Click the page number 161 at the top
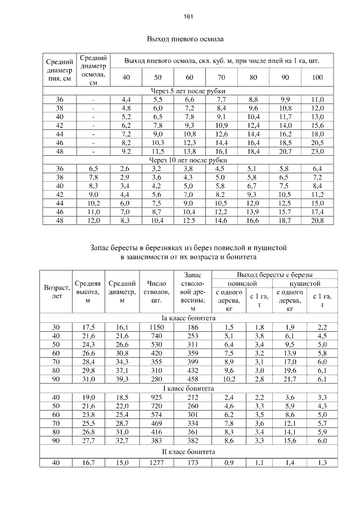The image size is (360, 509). coord(188,16)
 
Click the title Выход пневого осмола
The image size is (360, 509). coord(185,40)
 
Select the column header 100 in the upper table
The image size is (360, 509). coord(317,78)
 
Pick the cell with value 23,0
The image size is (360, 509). coord(317,151)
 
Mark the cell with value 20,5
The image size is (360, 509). coord(317,143)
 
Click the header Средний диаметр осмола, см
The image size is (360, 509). coord(93,70)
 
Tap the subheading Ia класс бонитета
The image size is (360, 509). coord(188,318)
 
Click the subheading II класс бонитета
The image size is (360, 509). coord(188,452)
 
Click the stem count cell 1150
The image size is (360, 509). coord(153,327)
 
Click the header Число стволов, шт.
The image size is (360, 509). coord(153,292)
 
